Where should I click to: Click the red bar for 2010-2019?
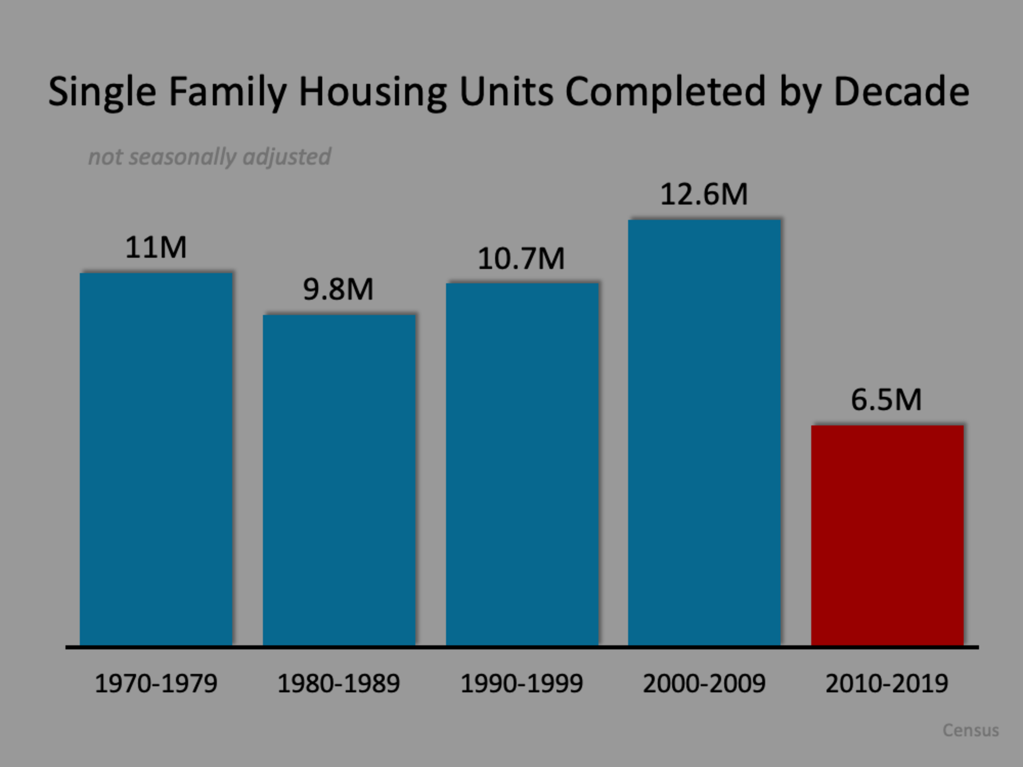pos(887,535)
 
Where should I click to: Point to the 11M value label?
pos(156,247)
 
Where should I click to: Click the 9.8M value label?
pos(338,289)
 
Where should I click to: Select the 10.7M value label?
pos(521,258)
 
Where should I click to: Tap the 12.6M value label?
pos(703,194)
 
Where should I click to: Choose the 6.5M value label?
pos(886,399)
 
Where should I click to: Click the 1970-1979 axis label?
pos(156,684)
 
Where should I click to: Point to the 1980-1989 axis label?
pos(338,684)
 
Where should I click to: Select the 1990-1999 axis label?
pos(521,684)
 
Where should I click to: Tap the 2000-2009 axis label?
pos(704,684)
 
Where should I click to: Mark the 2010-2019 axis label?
pos(887,684)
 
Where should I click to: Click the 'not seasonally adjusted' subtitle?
pos(209,157)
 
